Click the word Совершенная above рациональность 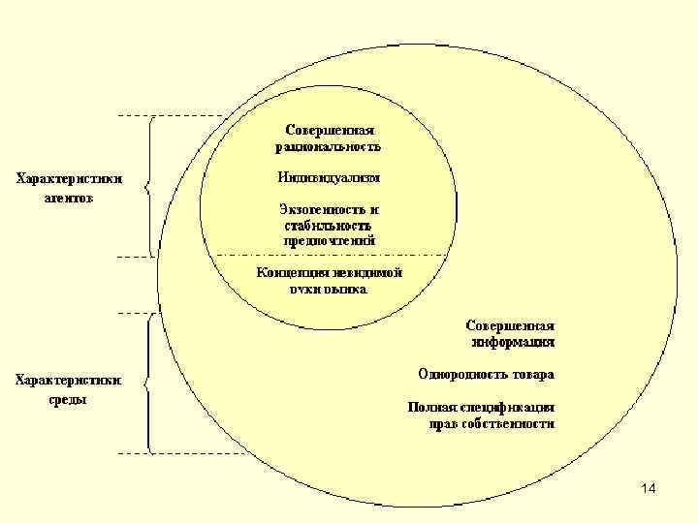[x=329, y=130]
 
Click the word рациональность [x=329, y=147]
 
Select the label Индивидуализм [x=329, y=178]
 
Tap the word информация [x=513, y=341]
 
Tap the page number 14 [x=648, y=490]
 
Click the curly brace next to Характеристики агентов [x=150, y=186]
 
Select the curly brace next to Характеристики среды [x=148, y=382]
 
